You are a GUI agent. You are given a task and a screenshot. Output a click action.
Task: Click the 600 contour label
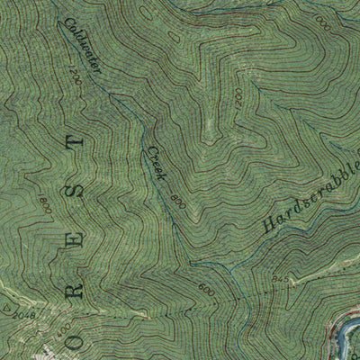(x=206, y=292)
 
